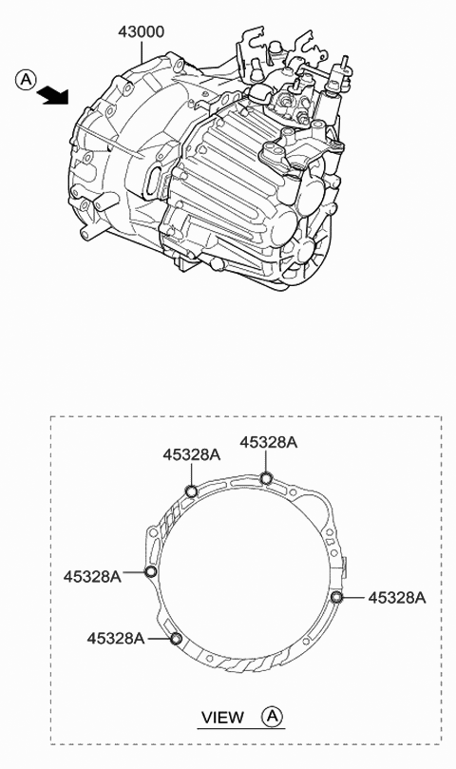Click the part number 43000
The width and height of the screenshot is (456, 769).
pos(141,32)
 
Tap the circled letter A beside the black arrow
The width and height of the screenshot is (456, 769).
pos(26,81)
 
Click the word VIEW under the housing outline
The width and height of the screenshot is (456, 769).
pos(222,718)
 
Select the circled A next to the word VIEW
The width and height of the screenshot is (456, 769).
pos(273,717)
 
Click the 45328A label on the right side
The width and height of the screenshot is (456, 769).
pos(396,598)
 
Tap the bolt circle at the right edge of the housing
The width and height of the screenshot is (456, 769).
pos(337,596)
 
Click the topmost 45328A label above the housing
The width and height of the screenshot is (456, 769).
pos(268,442)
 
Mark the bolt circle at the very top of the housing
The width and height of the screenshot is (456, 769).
pos(267,477)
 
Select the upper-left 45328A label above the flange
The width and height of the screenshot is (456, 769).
pos(191,455)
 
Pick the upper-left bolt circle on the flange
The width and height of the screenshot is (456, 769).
pos(191,490)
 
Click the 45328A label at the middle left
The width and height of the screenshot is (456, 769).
pos(92,576)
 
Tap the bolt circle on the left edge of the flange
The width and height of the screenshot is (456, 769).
pos(150,571)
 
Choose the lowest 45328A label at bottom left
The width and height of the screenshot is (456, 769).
pos(115,639)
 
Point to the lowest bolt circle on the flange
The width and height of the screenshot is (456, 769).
pos(175,638)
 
